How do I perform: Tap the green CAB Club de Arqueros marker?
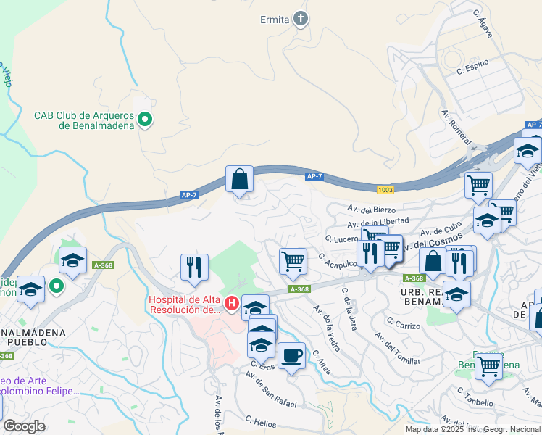click(x=145, y=120)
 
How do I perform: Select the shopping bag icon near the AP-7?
click(x=239, y=178)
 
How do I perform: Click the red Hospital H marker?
click(x=232, y=303)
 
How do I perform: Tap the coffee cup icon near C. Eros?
click(x=291, y=356)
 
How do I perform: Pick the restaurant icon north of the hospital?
click(x=194, y=267)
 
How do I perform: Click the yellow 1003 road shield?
click(x=385, y=190)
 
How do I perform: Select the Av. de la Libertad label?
click(x=378, y=222)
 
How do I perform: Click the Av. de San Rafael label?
click(x=270, y=389)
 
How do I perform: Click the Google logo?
click(x=24, y=426)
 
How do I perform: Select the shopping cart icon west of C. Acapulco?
click(x=293, y=261)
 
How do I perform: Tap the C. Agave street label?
click(x=482, y=22)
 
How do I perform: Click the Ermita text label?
click(x=275, y=20)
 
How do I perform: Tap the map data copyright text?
click(x=472, y=429)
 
